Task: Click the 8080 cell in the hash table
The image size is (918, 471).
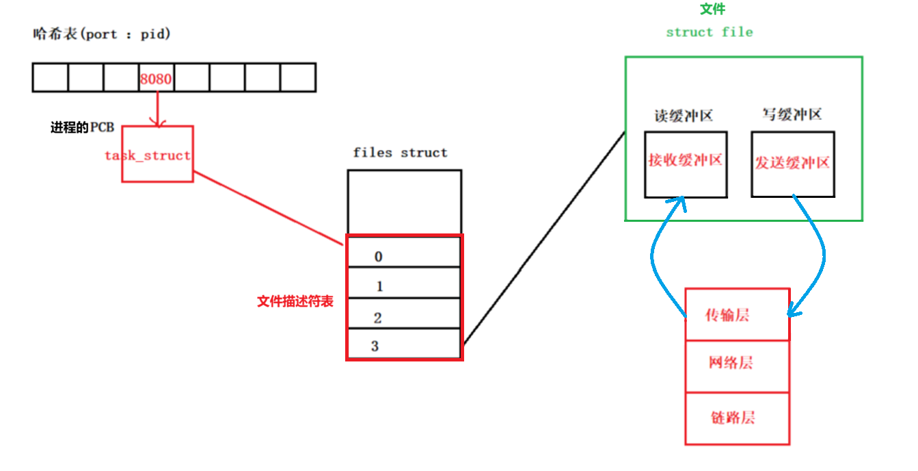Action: point(156,78)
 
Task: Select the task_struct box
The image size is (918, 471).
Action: point(157,155)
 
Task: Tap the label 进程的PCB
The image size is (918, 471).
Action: point(82,128)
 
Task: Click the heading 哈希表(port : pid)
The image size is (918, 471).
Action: point(101,34)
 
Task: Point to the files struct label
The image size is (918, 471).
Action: point(400,153)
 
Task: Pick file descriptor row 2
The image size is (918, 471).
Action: point(405,314)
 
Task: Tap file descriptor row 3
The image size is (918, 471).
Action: point(405,344)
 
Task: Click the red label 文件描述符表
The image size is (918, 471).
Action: point(295,301)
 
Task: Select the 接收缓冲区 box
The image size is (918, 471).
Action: point(686,164)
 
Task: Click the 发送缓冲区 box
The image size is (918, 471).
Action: point(792,164)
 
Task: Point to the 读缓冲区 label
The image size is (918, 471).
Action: point(684,116)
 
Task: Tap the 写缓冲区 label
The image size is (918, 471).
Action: point(792,114)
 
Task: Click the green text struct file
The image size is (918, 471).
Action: point(709,32)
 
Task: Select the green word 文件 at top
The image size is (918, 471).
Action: point(713,10)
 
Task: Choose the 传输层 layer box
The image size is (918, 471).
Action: point(737,314)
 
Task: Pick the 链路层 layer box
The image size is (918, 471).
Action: point(737,418)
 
